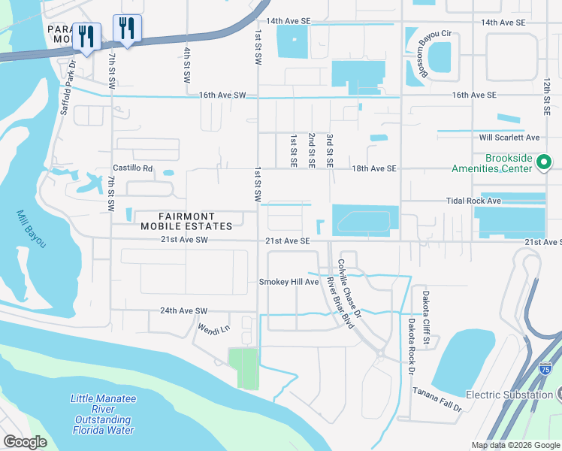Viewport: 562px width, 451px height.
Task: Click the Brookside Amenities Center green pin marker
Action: (x=545, y=162)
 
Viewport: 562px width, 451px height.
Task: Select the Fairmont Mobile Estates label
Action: (x=185, y=220)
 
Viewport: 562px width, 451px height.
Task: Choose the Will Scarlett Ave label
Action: (x=510, y=138)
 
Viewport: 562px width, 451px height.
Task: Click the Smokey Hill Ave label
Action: (x=289, y=282)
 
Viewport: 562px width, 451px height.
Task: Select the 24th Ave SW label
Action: (x=183, y=310)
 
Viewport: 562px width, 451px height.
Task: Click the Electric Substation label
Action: (x=509, y=395)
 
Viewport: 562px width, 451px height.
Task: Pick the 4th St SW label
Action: (x=187, y=65)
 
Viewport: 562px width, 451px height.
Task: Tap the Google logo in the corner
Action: (x=25, y=442)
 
